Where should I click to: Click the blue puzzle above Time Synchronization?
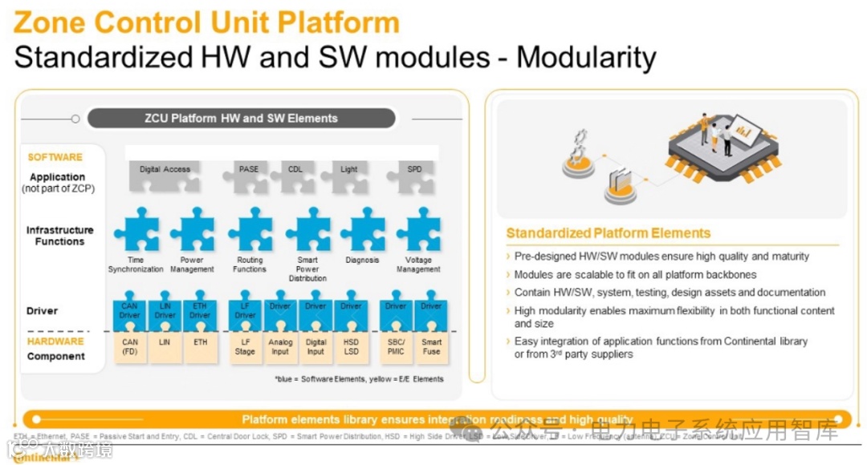click(x=136, y=230)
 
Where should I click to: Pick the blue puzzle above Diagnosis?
click(x=362, y=230)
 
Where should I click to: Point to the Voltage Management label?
click(x=418, y=265)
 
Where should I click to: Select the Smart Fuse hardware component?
click(x=432, y=347)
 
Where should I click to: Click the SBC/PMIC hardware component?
click(x=396, y=347)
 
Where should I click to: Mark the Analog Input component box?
click(x=280, y=347)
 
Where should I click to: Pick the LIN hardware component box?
click(x=165, y=346)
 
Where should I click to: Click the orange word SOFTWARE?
click(x=55, y=157)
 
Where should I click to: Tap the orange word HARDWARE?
click(x=56, y=342)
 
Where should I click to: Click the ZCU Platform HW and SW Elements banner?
click(x=241, y=119)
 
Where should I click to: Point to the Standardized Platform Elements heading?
click(x=609, y=233)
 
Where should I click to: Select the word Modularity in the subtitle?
click(x=586, y=57)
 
